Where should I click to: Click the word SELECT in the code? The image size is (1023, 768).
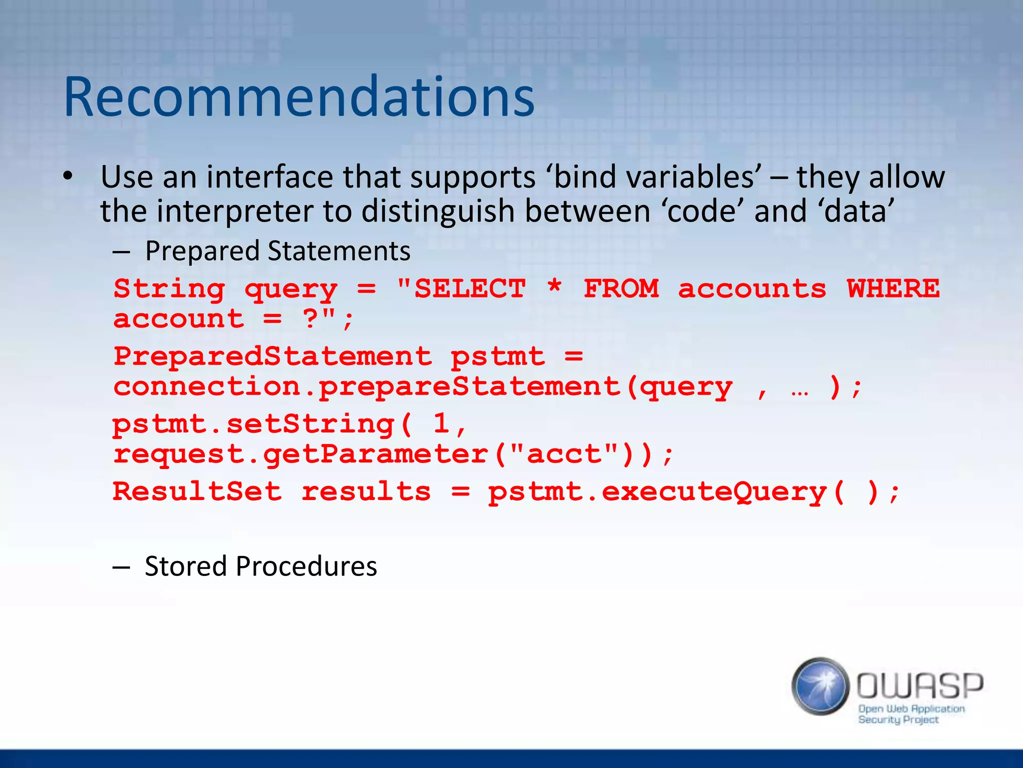tap(470, 288)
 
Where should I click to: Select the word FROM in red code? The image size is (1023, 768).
tap(621, 288)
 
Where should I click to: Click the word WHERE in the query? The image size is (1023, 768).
tap(893, 288)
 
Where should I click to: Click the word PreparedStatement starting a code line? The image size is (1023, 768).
tap(272, 356)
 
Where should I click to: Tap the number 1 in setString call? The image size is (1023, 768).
tap(442, 424)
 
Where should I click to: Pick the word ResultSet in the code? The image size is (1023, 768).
tap(197, 491)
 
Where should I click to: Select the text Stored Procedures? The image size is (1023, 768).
tap(260, 566)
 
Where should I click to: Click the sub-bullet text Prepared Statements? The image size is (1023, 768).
tap(277, 251)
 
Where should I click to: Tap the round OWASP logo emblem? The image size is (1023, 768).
tap(820, 686)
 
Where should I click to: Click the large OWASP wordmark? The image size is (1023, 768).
tap(920, 685)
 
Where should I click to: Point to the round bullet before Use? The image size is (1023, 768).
tap(68, 176)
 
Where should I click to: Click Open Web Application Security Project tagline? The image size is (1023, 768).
tap(911, 714)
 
